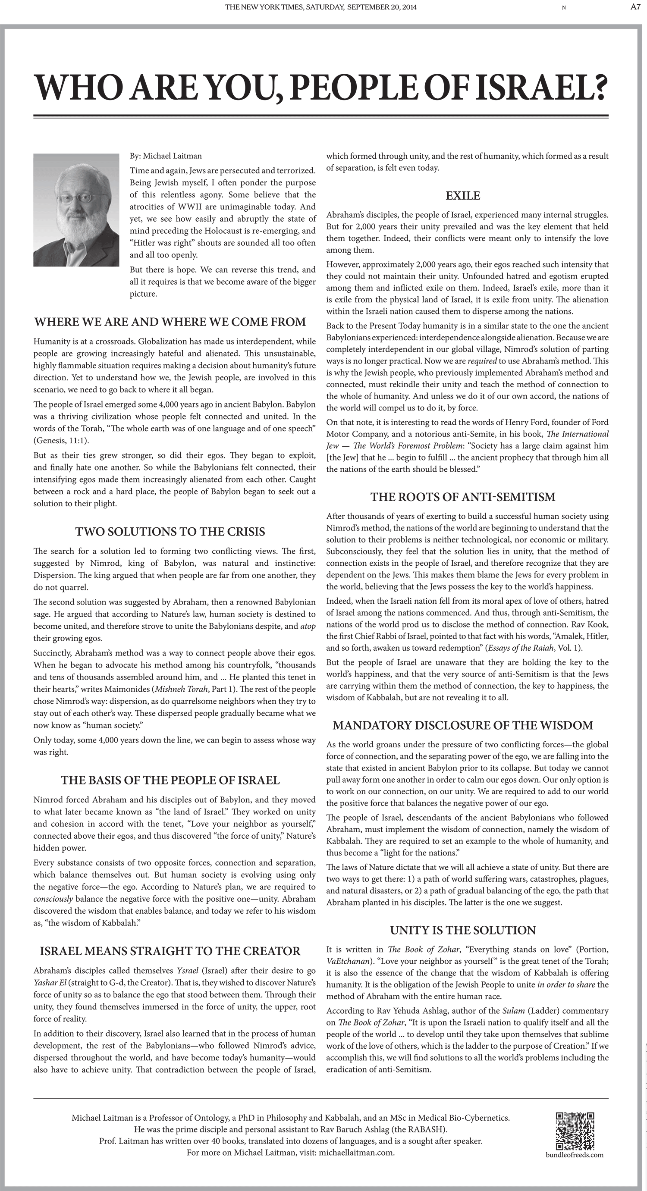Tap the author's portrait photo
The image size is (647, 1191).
[x=76, y=210]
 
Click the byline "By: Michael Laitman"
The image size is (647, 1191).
[x=166, y=156]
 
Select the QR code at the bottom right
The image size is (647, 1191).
[x=575, y=1131]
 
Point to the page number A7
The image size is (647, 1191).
[x=635, y=7]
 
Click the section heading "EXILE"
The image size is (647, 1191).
[x=463, y=196]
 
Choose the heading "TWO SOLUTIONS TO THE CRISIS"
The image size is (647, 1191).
[x=170, y=532]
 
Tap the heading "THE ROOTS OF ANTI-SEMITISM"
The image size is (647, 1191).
[x=463, y=497]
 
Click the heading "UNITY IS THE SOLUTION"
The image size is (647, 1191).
[x=463, y=930]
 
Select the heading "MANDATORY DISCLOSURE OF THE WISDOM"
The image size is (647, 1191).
[x=463, y=725]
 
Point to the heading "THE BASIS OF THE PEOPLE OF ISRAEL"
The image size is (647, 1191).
[x=170, y=780]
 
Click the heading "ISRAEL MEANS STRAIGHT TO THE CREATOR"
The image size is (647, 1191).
[x=170, y=951]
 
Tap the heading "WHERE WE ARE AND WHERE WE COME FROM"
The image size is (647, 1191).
[x=170, y=322]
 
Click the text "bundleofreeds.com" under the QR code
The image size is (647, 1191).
[x=575, y=1154]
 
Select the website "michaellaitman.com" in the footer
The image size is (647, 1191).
[x=356, y=1153]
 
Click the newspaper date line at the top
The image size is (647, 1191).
[x=321, y=7]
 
